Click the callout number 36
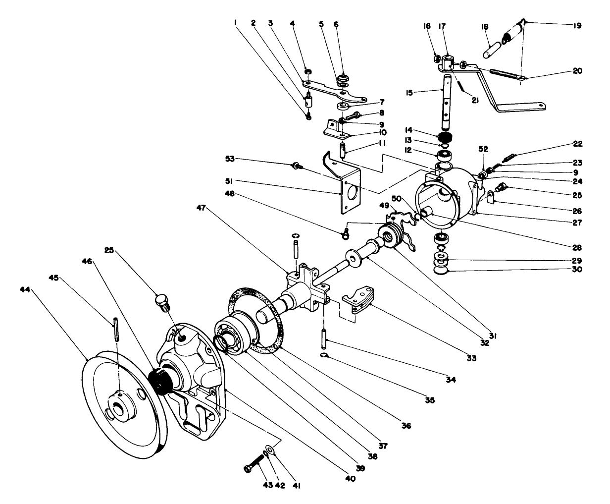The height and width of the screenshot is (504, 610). tap(407, 425)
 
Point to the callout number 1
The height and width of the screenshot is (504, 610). tap(236, 22)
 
